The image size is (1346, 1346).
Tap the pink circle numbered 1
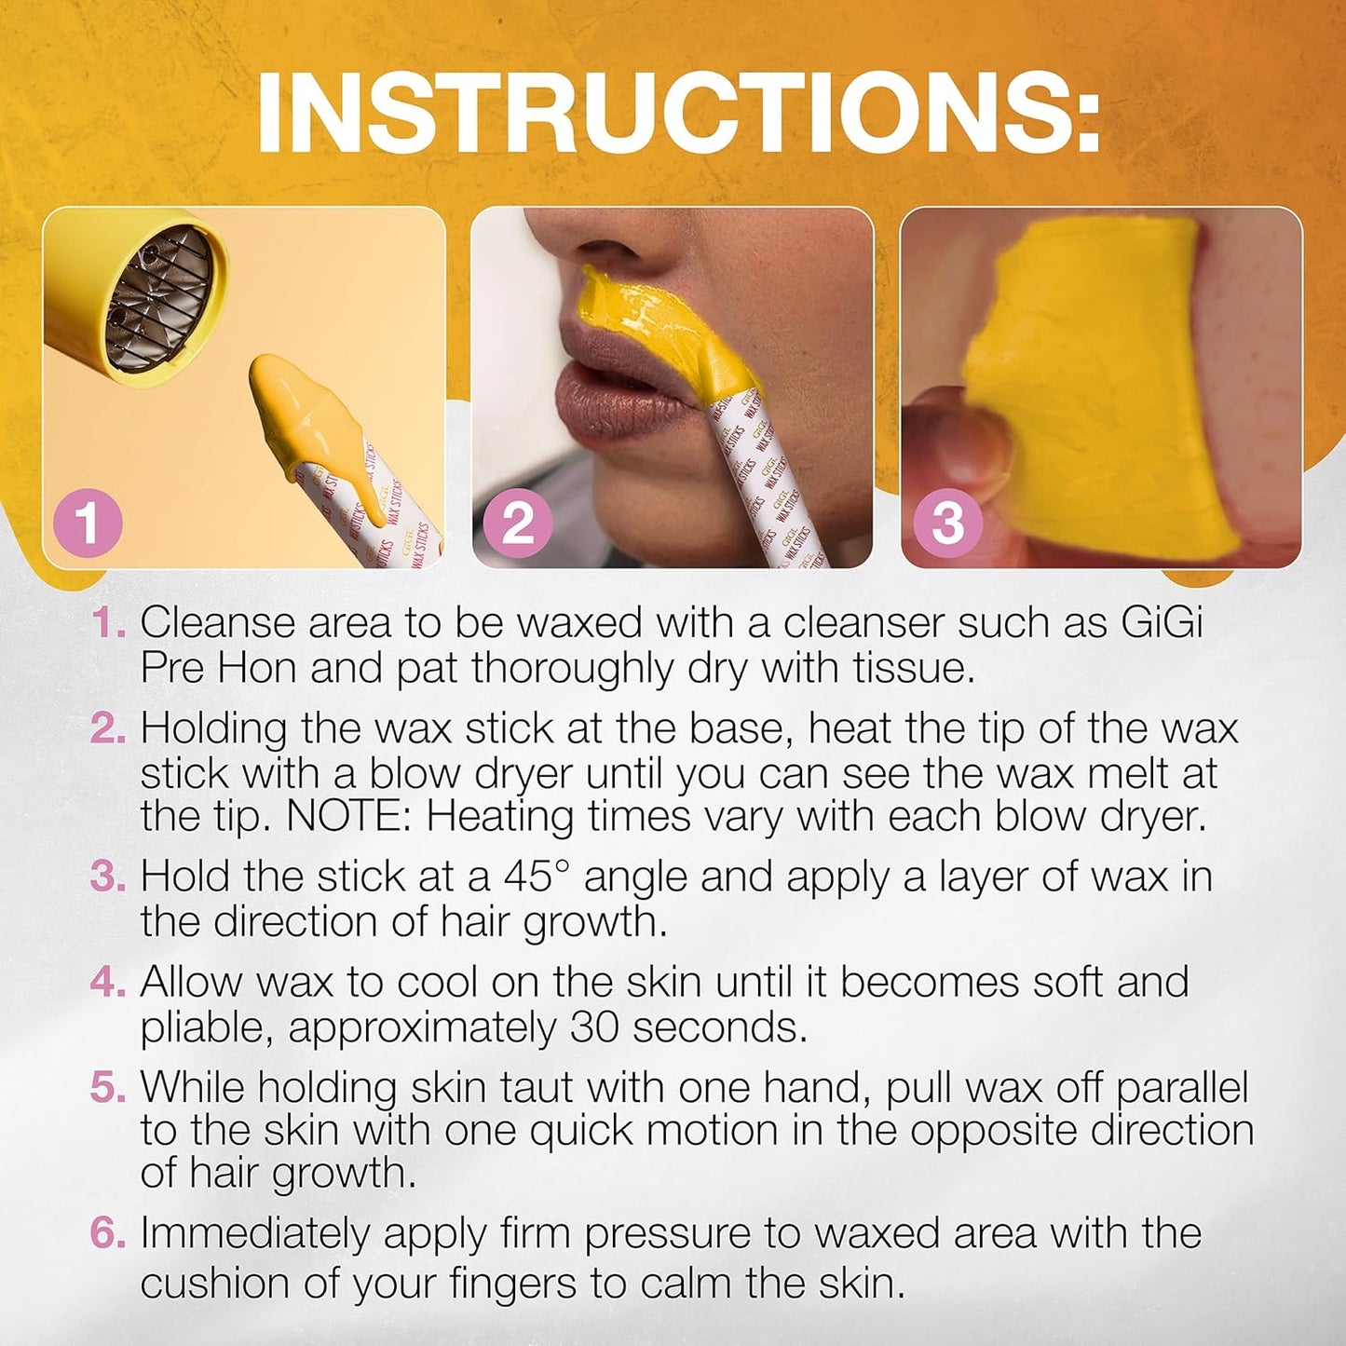(x=88, y=523)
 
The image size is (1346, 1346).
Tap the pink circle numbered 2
(x=518, y=523)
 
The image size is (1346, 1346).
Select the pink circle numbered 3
(x=947, y=523)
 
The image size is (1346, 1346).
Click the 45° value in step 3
(x=536, y=877)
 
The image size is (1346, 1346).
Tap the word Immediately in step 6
(x=254, y=1234)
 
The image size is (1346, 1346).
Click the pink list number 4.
(x=107, y=982)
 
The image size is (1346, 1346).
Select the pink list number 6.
(x=107, y=1233)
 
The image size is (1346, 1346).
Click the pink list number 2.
(x=107, y=728)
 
